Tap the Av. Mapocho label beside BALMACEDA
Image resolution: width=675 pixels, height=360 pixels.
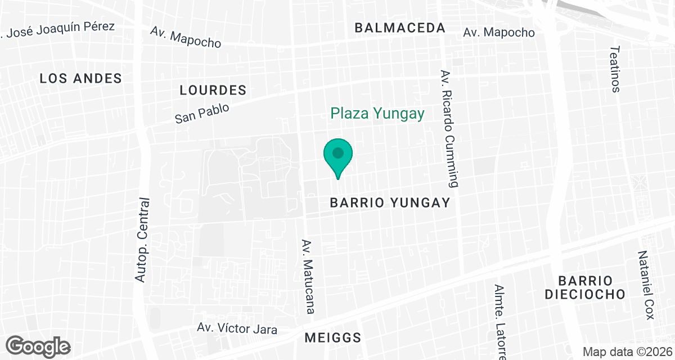tap(499, 33)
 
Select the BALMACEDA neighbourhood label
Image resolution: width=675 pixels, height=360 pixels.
tap(400, 28)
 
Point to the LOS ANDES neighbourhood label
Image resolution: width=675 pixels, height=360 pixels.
tap(81, 79)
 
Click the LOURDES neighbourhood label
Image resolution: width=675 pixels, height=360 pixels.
tap(213, 90)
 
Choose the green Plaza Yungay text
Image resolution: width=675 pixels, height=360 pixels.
tap(377, 114)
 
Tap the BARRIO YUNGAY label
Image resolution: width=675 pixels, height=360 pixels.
tap(390, 202)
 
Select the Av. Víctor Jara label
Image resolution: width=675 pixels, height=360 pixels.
tap(237, 328)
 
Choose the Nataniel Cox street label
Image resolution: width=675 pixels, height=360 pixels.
tap(646, 285)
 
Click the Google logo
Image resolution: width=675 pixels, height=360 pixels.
tap(38, 346)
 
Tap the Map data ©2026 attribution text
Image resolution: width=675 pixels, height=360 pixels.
tap(627, 352)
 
